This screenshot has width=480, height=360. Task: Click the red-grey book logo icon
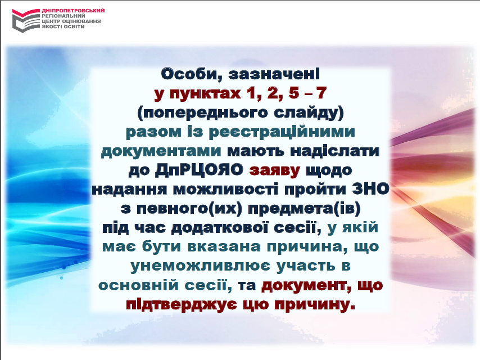click(x=26, y=20)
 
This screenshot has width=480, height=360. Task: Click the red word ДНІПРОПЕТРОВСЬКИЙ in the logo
click(x=73, y=11)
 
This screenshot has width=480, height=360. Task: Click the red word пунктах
click(x=205, y=93)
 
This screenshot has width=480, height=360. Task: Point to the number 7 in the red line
click(x=321, y=93)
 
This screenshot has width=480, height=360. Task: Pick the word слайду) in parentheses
click(x=309, y=112)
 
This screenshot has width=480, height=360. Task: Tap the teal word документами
click(x=161, y=151)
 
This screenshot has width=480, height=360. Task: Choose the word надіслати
click(x=334, y=151)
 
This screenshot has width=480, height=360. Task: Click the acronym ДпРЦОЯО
click(x=199, y=170)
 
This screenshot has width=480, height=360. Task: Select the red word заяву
click(x=275, y=171)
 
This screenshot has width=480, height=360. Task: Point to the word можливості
click(x=225, y=189)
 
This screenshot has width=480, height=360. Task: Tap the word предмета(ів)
click(x=304, y=209)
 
